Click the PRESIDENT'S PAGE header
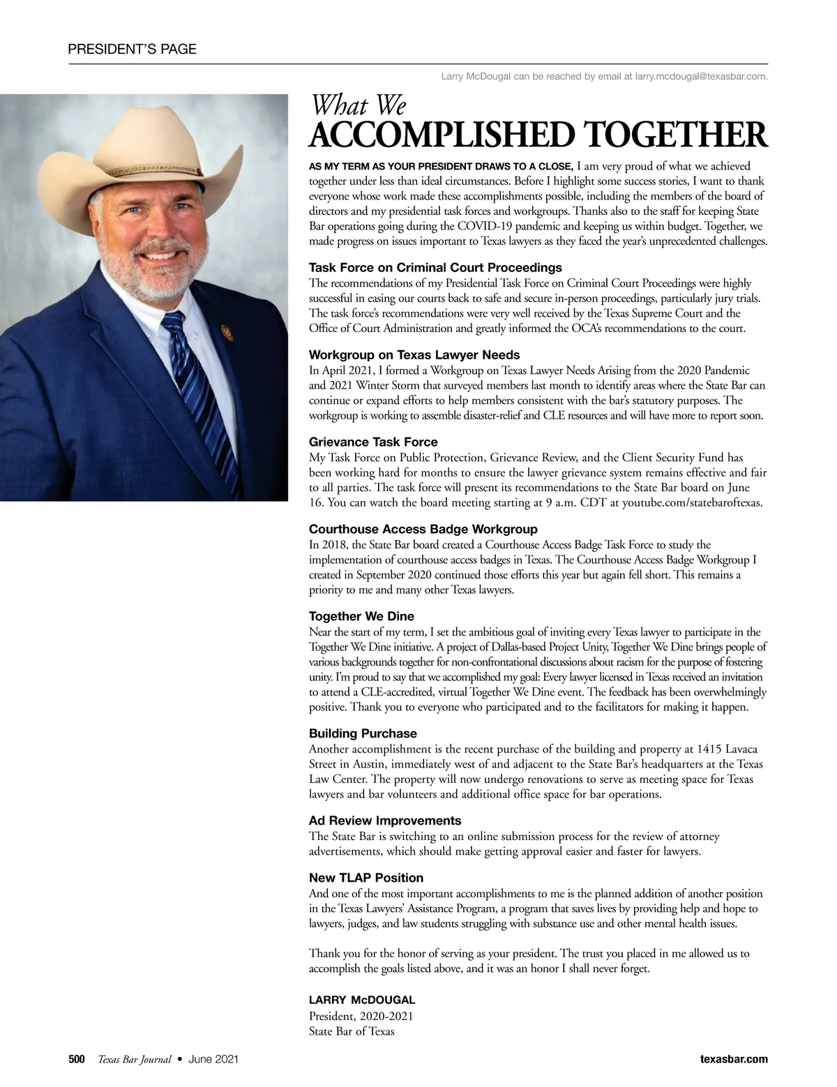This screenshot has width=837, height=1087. [132, 49]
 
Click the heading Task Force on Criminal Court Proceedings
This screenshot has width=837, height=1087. [435, 268]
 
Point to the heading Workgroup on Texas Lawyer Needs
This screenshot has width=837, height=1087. [414, 354]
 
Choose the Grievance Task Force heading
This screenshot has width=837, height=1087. [373, 442]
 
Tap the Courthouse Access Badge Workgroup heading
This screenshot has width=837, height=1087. [423, 529]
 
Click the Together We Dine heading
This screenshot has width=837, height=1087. [361, 616]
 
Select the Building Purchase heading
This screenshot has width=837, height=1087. [363, 733]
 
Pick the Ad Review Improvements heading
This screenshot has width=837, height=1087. [385, 820]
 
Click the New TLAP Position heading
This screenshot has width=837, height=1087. [366, 878]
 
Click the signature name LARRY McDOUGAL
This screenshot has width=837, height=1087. [362, 1000]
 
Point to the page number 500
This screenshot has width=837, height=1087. [76, 1059]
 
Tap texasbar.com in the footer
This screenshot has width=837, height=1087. [733, 1059]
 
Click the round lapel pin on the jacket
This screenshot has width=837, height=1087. [225, 329]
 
